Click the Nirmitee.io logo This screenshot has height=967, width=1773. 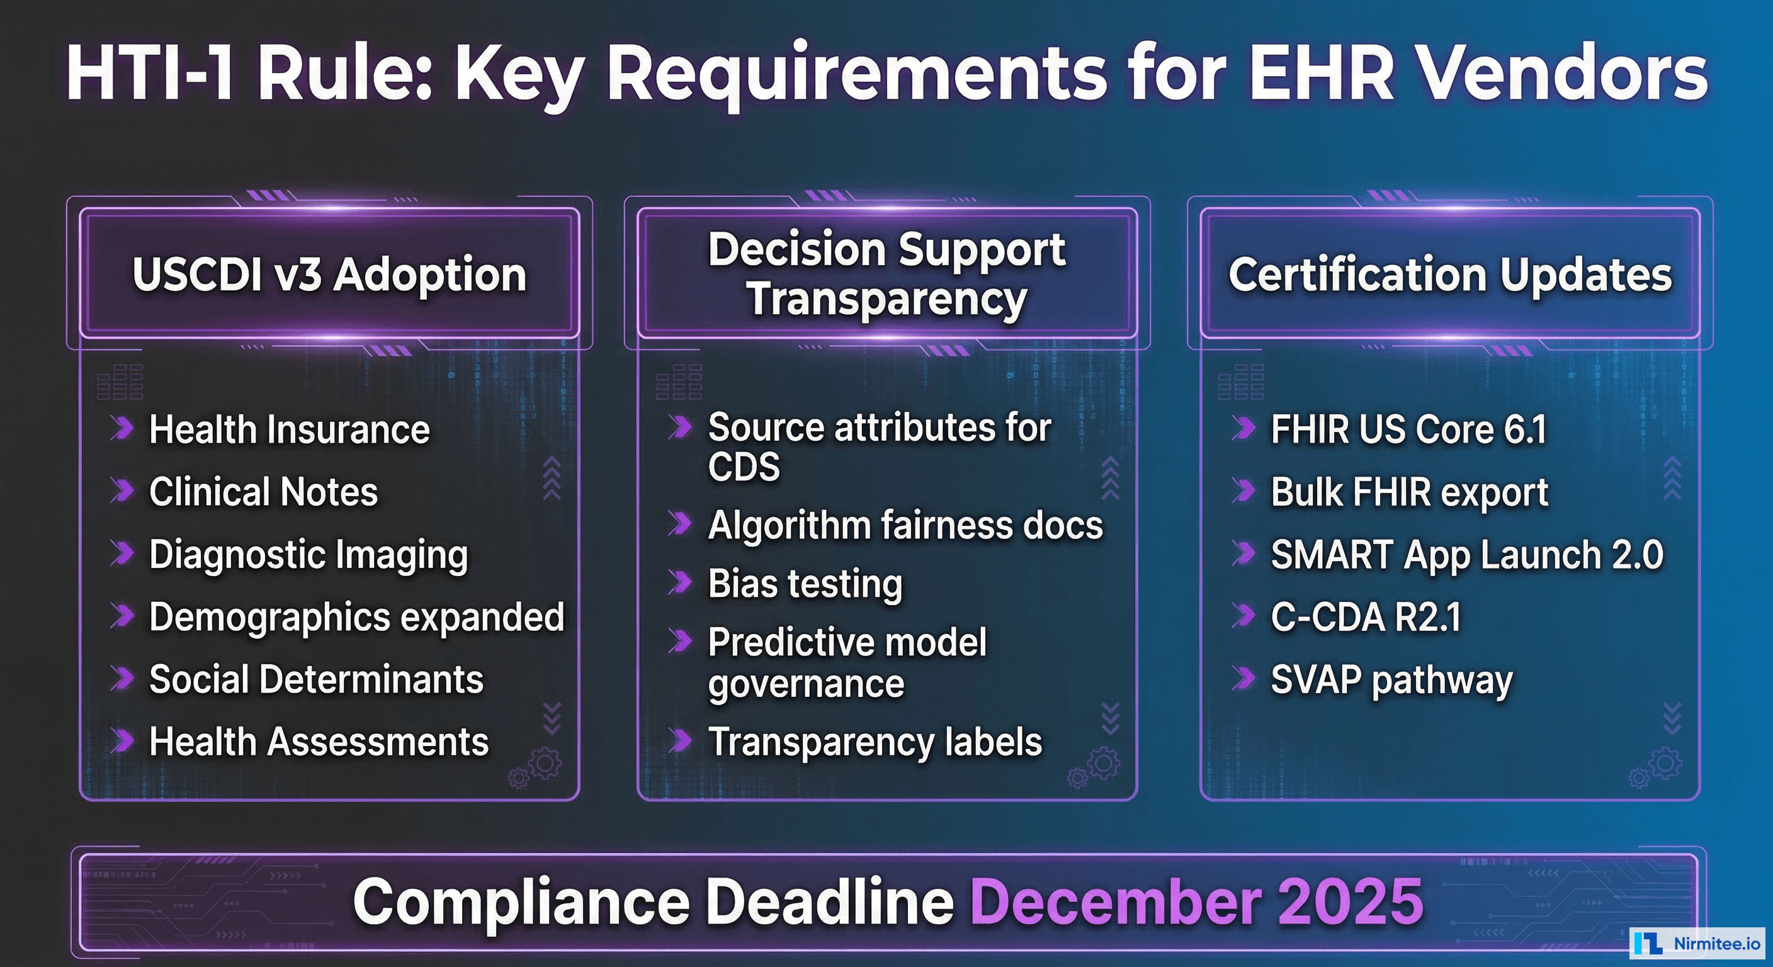[x=1697, y=943]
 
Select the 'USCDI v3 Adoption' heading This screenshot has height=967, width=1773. [x=329, y=274]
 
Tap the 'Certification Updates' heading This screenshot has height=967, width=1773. [x=1449, y=274]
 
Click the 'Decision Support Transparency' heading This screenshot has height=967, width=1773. [x=886, y=274]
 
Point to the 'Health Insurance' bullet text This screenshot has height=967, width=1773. [x=289, y=429]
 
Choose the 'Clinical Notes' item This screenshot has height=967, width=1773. [x=264, y=492]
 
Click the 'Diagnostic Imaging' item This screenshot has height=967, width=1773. [x=309, y=555]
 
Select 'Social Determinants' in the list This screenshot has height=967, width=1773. [x=316, y=679]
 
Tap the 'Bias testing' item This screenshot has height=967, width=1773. [x=805, y=584]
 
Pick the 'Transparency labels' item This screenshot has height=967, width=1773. [x=875, y=742]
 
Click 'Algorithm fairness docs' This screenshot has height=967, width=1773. [x=905, y=526]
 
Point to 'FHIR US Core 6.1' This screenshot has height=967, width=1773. [x=1408, y=429]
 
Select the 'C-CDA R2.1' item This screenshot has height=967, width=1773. [x=1365, y=617]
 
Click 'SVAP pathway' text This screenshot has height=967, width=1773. [x=1391, y=680]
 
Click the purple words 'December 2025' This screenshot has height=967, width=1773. [x=1196, y=902]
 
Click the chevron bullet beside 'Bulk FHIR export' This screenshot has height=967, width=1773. [x=1243, y=490]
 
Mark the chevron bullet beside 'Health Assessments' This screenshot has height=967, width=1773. [x=123, y=740]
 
